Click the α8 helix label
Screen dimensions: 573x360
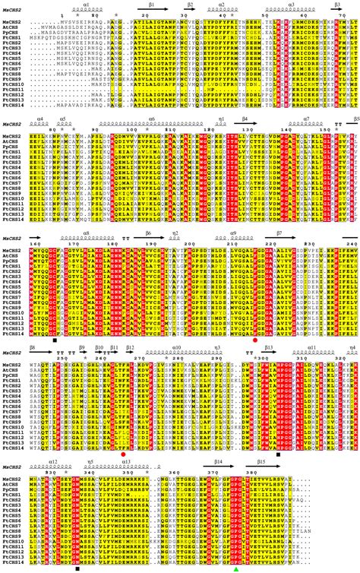(87, 233)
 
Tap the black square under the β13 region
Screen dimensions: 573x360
(279, 454)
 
